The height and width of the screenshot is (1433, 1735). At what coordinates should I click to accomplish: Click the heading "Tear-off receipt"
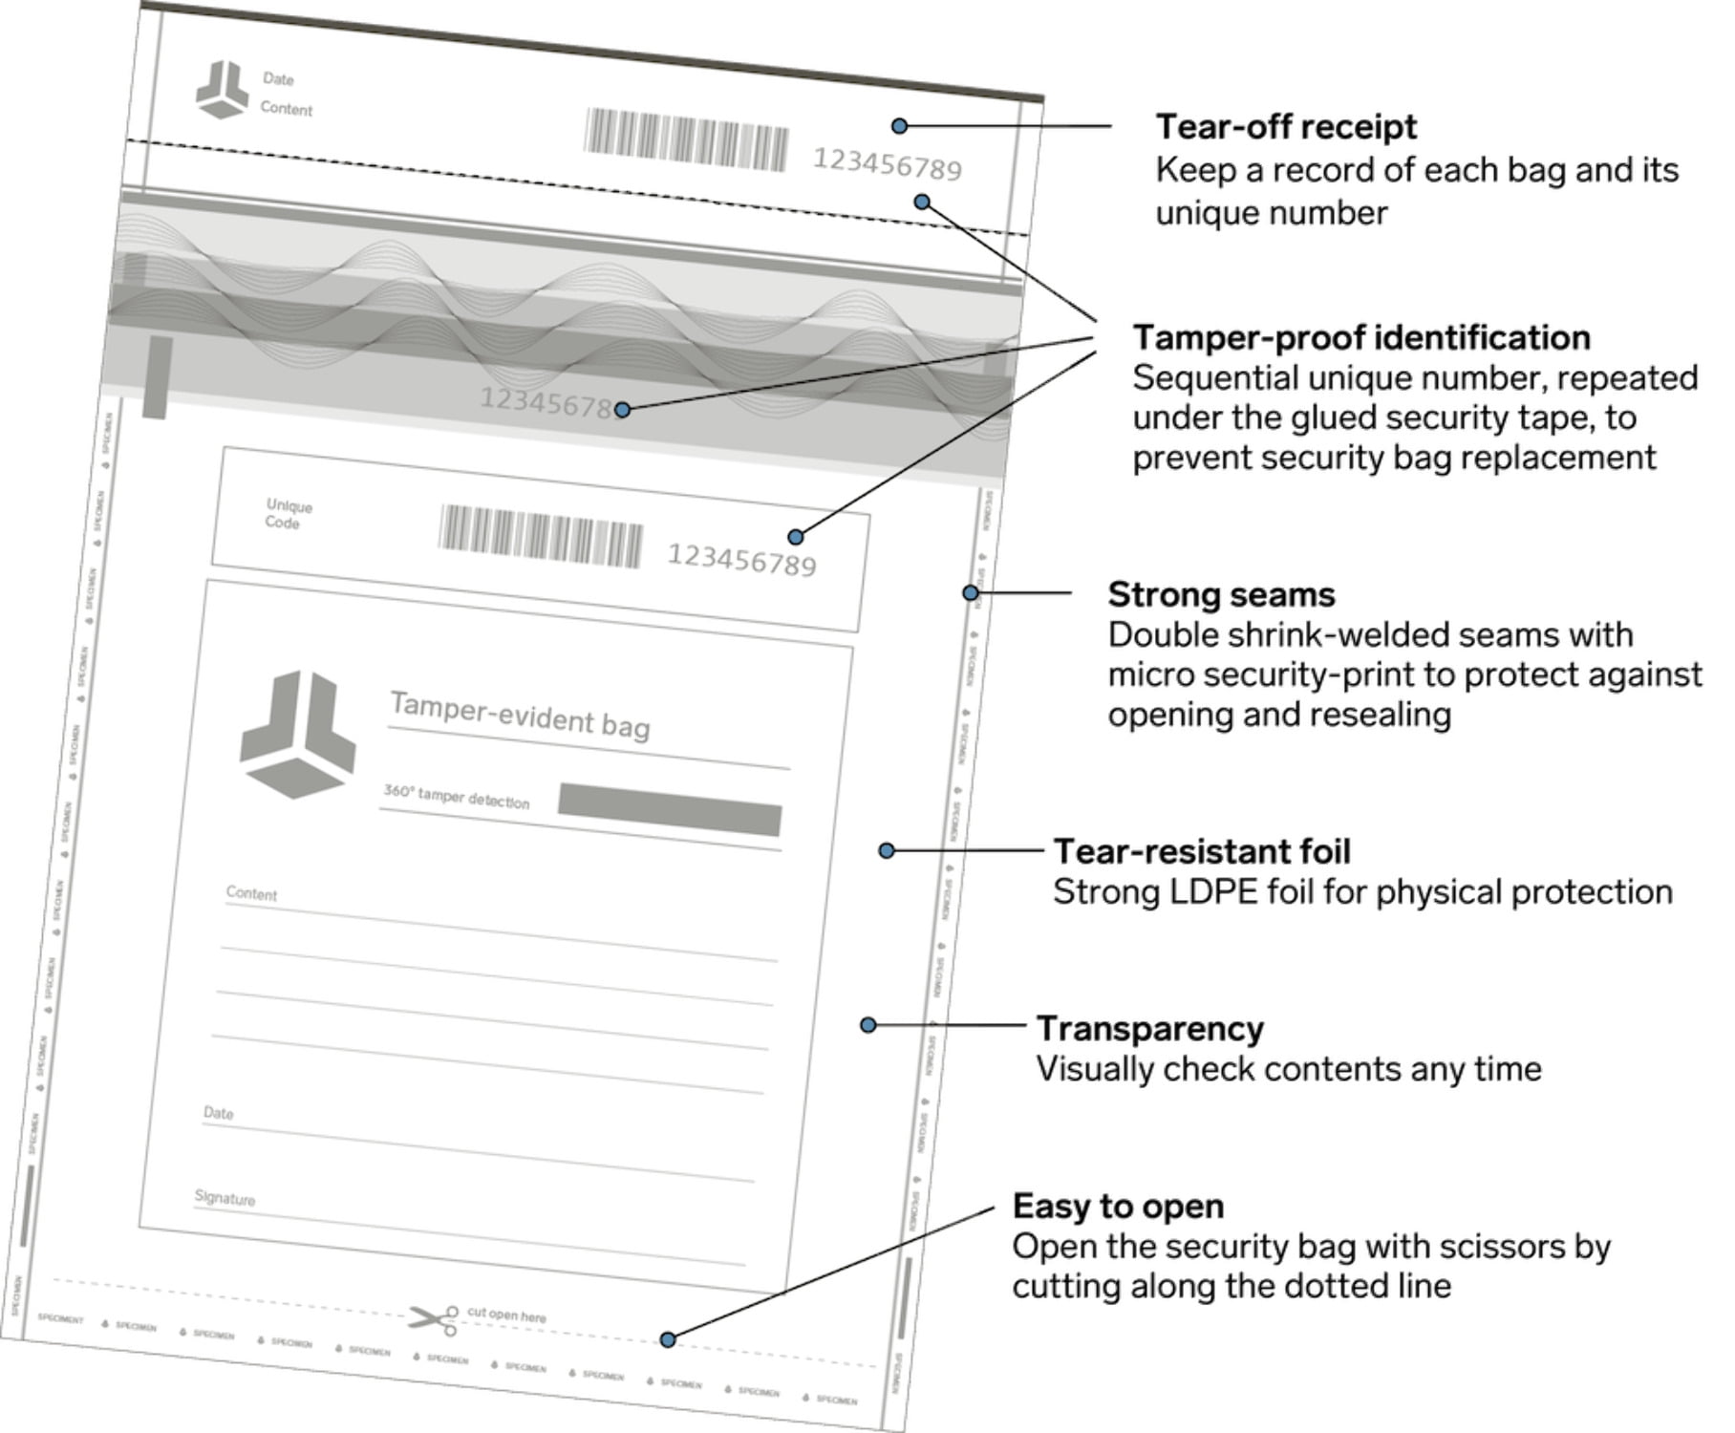1286,127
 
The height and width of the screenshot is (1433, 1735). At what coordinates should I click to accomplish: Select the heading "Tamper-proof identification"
1361,338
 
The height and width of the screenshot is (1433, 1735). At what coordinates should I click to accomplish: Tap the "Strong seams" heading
1221,595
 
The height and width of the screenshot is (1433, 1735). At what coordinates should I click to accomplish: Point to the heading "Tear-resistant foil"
1202,851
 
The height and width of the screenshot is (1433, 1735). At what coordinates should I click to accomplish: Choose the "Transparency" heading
1150,1029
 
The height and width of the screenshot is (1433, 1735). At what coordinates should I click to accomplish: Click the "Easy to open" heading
1118,1207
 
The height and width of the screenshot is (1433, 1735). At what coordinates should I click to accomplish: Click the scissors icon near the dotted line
435,1319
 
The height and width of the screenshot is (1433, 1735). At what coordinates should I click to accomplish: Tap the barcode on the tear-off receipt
686,140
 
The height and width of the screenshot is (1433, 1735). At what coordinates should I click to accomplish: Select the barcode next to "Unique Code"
541,537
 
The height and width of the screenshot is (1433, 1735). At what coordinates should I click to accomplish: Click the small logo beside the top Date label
222,91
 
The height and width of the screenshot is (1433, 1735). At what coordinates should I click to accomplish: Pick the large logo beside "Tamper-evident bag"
297,734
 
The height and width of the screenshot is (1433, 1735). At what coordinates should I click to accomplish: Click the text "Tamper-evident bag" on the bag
520,716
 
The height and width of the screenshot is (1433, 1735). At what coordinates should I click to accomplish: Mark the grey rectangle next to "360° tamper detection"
670,809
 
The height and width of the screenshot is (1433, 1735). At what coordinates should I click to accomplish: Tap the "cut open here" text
506,1315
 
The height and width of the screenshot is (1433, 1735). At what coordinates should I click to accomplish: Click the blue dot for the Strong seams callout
971,593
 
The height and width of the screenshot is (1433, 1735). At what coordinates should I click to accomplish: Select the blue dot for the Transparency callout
868,1025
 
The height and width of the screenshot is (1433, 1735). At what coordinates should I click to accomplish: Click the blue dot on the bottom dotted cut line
668,1339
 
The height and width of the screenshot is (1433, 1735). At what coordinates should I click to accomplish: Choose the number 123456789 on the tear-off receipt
887,164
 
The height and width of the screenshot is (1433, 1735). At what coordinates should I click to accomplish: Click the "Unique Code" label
288,514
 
